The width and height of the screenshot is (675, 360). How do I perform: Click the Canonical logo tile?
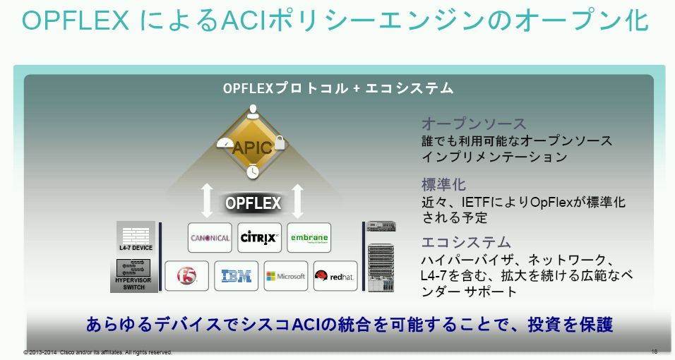210,238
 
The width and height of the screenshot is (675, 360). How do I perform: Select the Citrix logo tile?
259,238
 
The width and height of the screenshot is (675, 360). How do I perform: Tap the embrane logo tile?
309,238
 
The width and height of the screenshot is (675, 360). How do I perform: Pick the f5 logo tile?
186,276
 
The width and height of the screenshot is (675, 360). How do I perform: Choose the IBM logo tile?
237,276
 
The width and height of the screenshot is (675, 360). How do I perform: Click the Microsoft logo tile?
286,276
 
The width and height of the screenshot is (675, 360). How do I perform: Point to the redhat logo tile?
335,276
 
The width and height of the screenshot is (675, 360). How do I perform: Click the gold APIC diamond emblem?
252,146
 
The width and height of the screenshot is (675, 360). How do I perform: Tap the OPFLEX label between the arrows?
253,203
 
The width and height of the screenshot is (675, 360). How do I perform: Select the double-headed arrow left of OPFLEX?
207,200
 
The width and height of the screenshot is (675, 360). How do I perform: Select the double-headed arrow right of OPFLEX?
297,200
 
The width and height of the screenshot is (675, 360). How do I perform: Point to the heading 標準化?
443,184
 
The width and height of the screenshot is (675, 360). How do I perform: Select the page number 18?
654,351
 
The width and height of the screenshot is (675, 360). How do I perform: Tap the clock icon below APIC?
253,171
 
